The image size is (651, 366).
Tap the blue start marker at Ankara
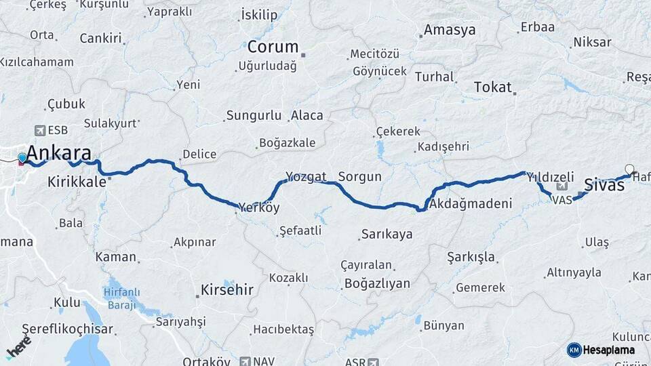[22, 158]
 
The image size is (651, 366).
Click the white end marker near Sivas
[629, 169]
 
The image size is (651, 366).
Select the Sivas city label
[604, 184]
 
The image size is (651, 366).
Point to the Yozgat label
[306, 176]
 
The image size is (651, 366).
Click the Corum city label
[273, 47]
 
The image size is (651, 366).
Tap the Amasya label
[450, 30]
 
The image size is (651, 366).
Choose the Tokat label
[493, 87]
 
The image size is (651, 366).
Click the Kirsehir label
[226, 290]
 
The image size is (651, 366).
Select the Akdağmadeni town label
[471, 203]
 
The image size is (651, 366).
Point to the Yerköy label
[259, 207]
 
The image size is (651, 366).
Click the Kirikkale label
[77, 182]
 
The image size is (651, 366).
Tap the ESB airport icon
[39, 131]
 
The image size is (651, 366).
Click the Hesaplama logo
[601, 350]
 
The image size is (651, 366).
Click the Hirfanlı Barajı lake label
[122, 297]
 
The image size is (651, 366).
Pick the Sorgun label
[359, 177]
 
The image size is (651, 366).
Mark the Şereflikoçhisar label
[68, 329]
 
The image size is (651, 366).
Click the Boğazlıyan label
[378, 283]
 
